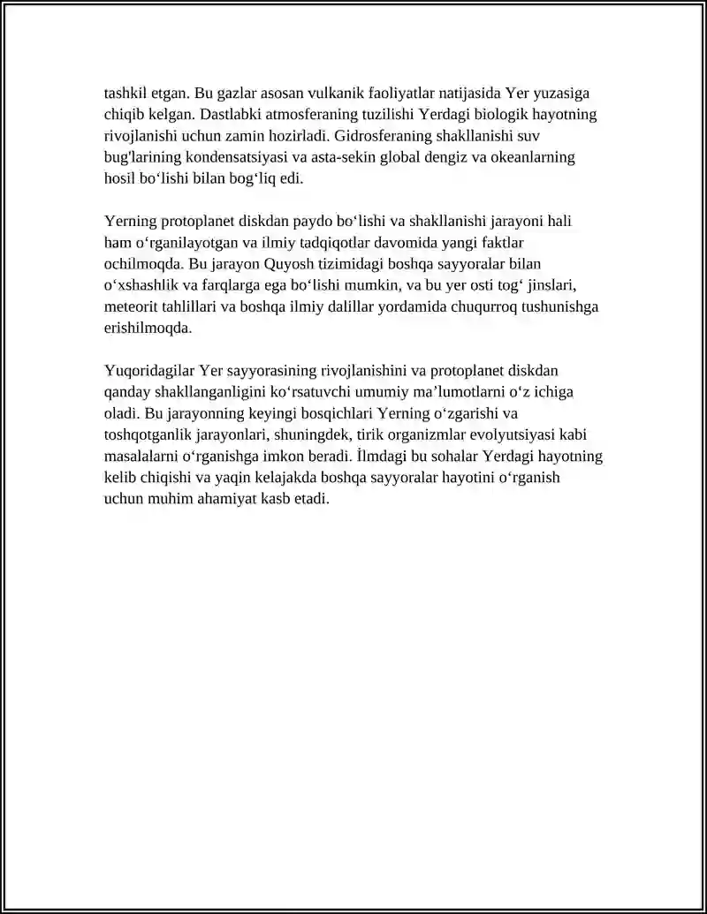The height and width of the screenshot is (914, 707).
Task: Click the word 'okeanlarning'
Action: (x=536, y=158)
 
